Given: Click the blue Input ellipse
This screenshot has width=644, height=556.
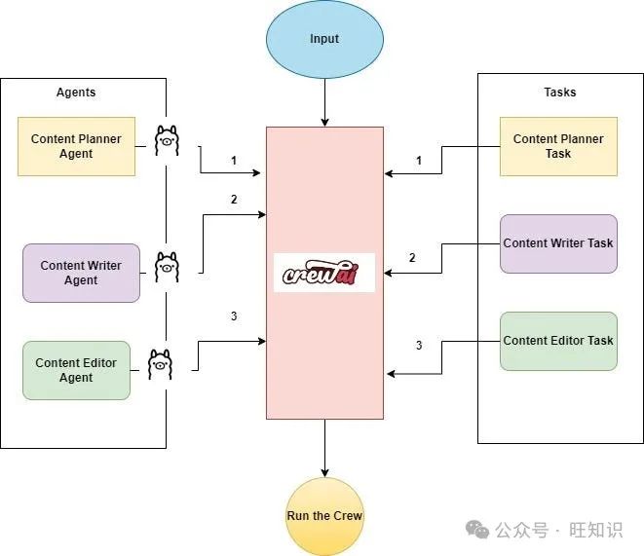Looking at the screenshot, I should [324, 39].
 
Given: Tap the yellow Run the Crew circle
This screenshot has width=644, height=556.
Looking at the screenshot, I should [324, 516].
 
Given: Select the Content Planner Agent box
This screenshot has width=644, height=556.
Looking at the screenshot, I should [76, 146].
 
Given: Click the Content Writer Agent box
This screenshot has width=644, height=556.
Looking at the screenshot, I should [81, 273].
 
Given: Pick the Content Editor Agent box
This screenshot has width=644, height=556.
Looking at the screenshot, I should [76, 370].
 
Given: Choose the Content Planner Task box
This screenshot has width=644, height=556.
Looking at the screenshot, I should [558, 146].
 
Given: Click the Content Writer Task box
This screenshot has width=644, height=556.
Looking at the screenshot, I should [558, 242].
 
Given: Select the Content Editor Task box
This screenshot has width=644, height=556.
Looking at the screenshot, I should [558, 341].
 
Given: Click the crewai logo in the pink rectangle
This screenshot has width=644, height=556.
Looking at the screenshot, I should [324, 274].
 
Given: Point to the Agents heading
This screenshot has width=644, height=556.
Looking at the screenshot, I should [76, 93].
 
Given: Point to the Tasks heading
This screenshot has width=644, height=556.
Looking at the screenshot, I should [559, 93].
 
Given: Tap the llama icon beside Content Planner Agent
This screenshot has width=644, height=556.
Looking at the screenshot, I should [166, 141].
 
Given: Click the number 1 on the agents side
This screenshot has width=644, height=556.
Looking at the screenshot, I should [234, 160].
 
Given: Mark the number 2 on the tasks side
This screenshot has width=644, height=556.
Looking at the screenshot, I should [412, 258].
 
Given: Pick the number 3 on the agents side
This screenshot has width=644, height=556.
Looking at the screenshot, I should [234, 316].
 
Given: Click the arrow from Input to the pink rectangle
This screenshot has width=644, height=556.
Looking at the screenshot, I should [324, 102].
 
